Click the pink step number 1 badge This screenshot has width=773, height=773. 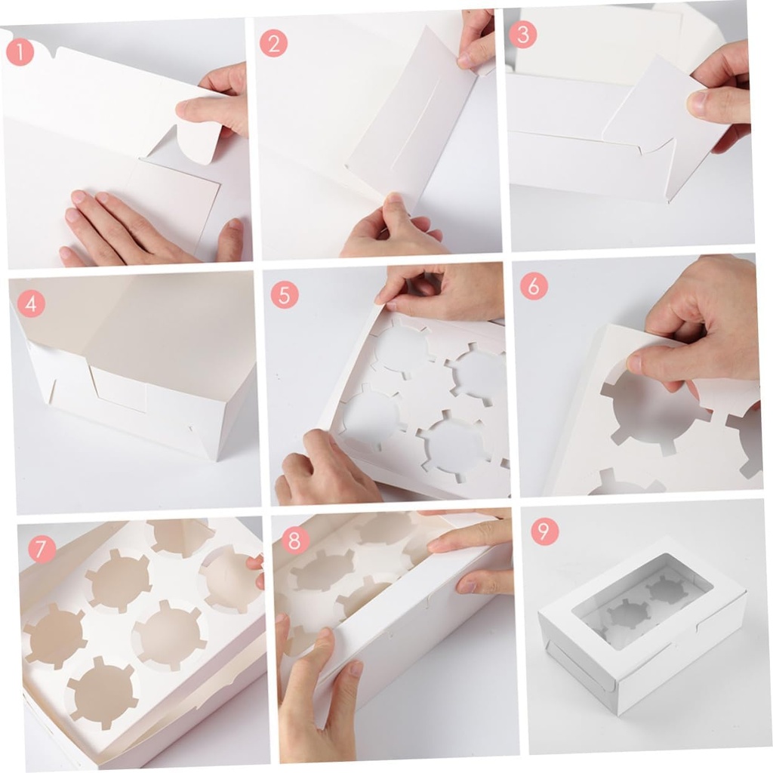pyautogui.click(x=20, y=51)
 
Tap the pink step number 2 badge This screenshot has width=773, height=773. pyautogui.click(x=273, y=43)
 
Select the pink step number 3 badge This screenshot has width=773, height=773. pyautogui.click(x=523, y=35)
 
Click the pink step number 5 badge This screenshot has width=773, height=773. pyautogui.click(x=284, y=294)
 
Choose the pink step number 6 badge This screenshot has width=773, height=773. pyautogui.click(x=534, y=286)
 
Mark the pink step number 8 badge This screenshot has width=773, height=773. pyautogui.click(x=295, y=540)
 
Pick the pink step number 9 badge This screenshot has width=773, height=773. pyautogui.click(x=544, y=531)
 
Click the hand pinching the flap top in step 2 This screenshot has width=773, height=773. pyautogui.click(x=476, y=38)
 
